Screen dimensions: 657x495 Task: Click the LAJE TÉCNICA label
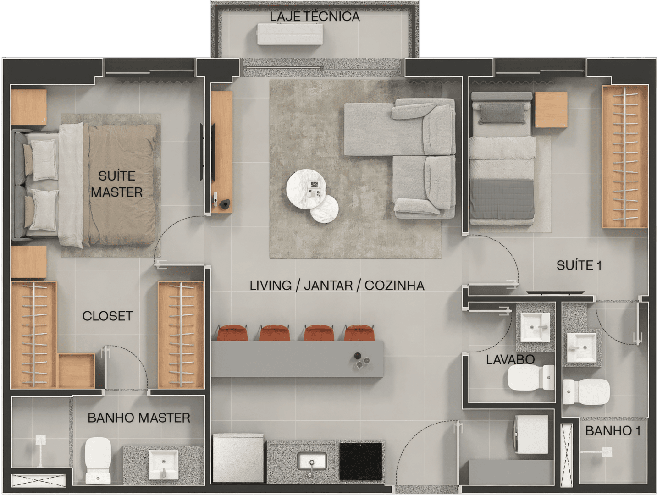point(315,17)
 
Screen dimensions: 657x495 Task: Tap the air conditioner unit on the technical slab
point(290,34)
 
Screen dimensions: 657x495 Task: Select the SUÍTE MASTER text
point(117,184)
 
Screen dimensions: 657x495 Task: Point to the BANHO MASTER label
point(139,418)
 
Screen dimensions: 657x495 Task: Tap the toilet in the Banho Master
point(98,460)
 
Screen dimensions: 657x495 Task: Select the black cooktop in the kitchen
point(361,461)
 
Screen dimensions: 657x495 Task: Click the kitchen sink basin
point(312,461)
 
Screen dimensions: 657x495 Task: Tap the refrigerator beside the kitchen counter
point(238,457)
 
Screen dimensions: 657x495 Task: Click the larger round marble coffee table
point(306,189)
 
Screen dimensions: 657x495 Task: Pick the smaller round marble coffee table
point(325,209)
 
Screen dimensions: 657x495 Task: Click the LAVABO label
point(510,359)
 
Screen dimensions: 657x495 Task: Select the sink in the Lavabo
point(535,327)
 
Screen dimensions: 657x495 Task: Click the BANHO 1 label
point(613,431)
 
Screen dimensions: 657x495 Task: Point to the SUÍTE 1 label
point(579,265)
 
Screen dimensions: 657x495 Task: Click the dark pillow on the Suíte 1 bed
point(502,113)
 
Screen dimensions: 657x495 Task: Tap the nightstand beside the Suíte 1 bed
point(551,110)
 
